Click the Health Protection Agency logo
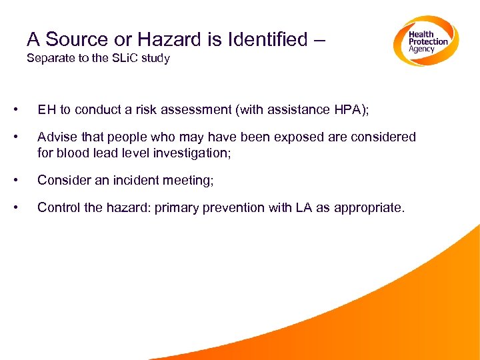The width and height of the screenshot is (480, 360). pos(425,42)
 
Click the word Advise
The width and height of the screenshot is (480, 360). pos(57,137)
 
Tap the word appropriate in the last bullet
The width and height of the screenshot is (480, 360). pos(367,207)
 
